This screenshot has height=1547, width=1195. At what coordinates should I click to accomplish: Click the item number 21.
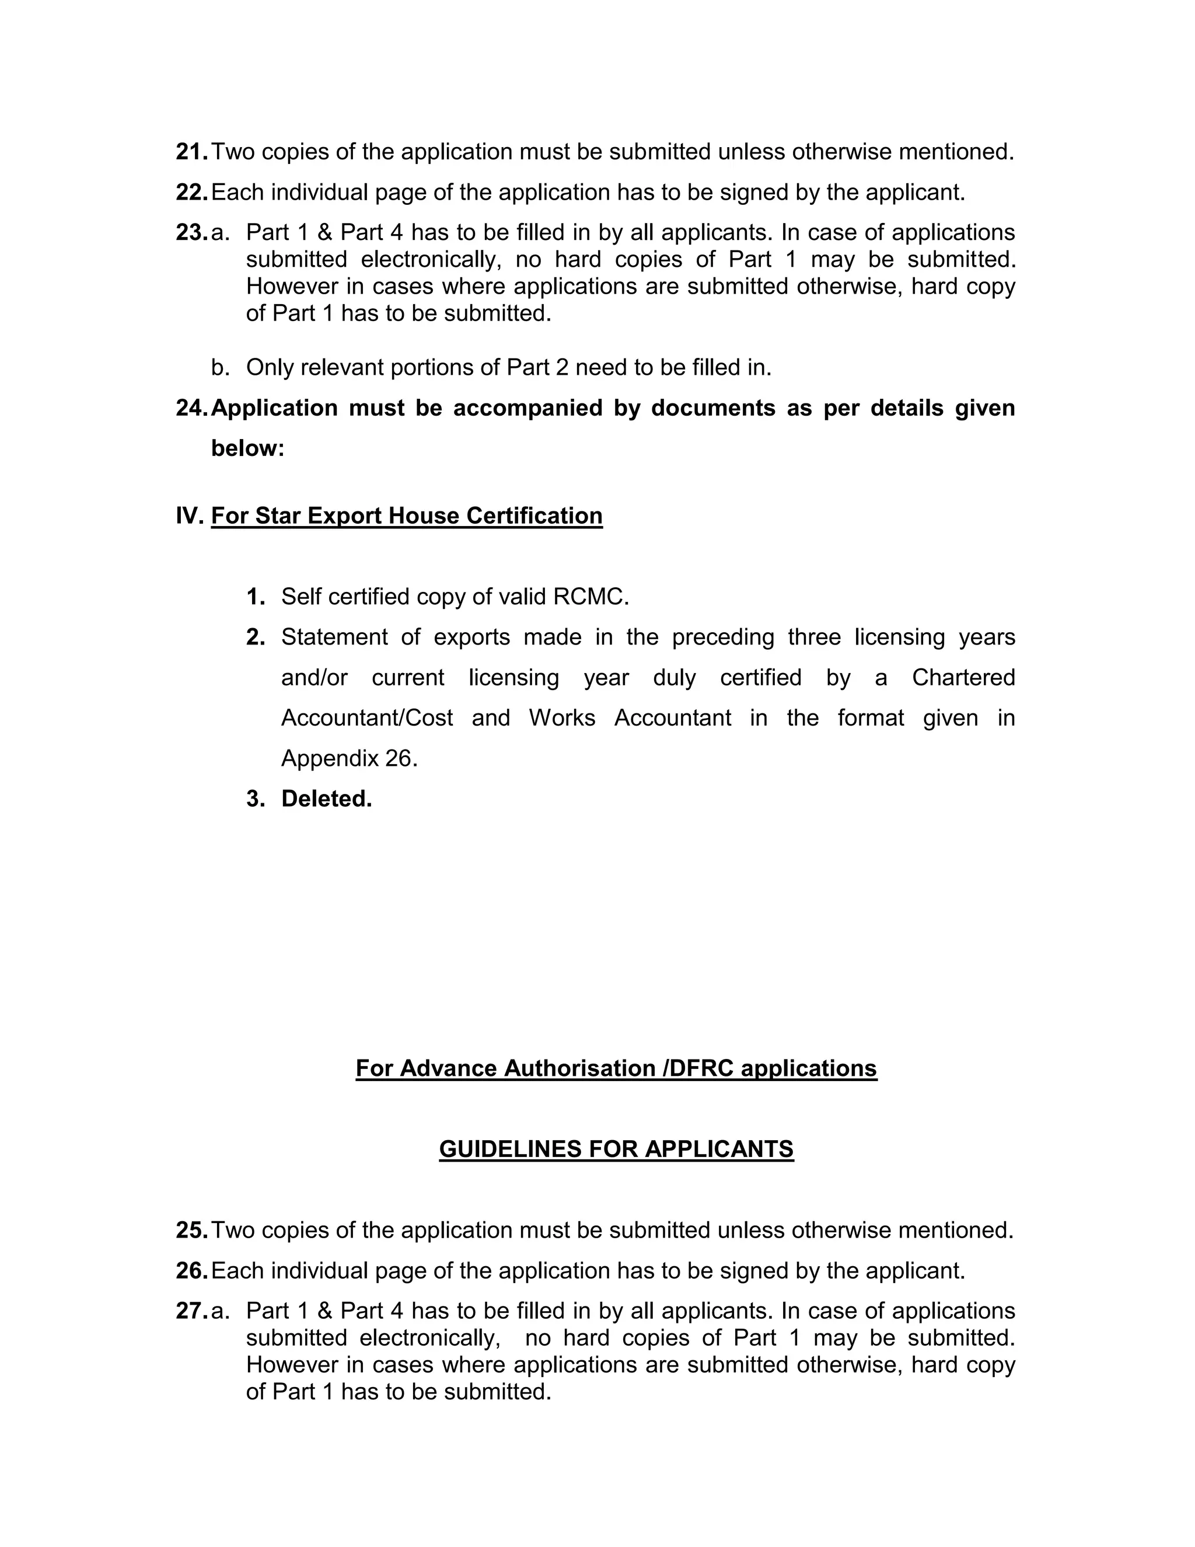(x=191, y=152)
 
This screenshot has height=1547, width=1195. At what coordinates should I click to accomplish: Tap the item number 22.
(x=191, y=192)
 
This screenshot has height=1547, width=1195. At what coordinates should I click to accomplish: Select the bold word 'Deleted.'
(x=326, y=799)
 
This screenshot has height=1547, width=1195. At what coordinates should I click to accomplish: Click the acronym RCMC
(x=590, y=597)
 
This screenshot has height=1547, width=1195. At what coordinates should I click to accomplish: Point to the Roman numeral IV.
(x=189, y=515)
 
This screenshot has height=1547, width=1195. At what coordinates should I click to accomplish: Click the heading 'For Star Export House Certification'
(x=406, y=515)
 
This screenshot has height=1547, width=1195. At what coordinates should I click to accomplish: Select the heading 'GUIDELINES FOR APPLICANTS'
(x=616, y=1149)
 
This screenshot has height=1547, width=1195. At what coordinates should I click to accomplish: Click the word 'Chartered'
(x=963, y=678)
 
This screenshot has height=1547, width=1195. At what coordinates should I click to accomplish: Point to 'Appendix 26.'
(x=349, y=759)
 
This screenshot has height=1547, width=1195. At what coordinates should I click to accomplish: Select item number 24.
(x=191, y=408)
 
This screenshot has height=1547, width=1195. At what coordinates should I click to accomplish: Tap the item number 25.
(x=191, y=1231)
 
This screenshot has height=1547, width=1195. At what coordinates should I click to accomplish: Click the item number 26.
(x=191, y=1271)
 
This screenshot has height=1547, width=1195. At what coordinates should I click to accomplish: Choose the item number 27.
(x=191, y=1311)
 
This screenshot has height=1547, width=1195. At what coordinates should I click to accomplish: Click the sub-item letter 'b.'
(x=220, y=368)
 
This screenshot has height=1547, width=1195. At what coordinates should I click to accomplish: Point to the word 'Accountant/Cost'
(x=366, y=718)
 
